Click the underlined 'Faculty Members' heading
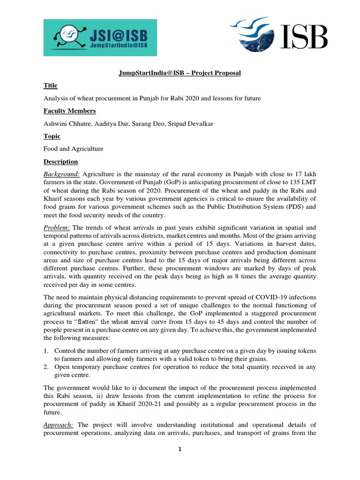69,111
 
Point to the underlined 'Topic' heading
52,136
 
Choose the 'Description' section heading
60,162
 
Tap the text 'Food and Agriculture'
73,149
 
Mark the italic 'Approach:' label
59,424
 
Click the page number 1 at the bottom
180,449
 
